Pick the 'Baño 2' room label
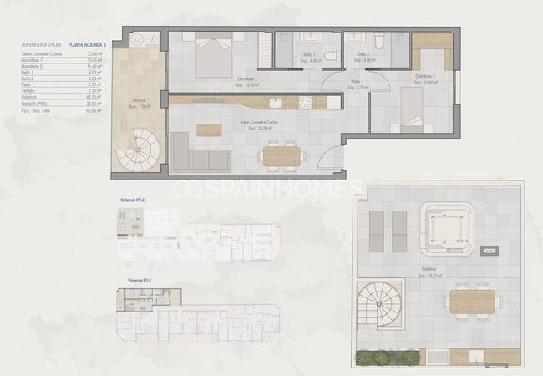pyautogui.click(x=364, y=55)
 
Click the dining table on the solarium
pyautogui.click(x=472, y=301)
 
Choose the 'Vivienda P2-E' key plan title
pyautogui.click(x=134, y=281)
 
